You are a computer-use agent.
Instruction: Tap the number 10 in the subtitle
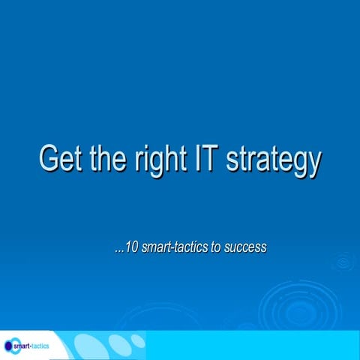[131, 247]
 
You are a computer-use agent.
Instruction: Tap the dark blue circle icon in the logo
[8, 346]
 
